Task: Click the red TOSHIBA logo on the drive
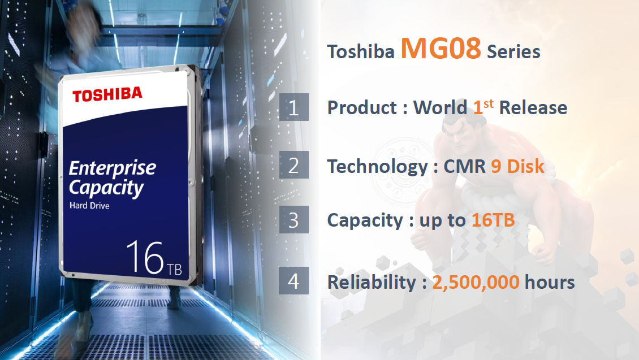point(107,94)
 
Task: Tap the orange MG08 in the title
point(441,48)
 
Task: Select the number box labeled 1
point(294,107)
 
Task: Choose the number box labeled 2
point(294,165)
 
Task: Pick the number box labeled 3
point(294,219)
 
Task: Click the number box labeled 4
point(294,280)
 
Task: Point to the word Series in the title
point(513,52)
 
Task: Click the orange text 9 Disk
point(517,166)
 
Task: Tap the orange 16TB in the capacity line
point(493,220)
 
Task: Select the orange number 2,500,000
point(476,282)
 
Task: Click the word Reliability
point(372,282)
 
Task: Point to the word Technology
point(377,167)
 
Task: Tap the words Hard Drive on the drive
point(89,206)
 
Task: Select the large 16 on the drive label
point(145,257)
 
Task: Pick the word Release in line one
point(533,108)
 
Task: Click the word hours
point(550,282)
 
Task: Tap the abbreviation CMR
point(465,166)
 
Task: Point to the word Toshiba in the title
point(361,52)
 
